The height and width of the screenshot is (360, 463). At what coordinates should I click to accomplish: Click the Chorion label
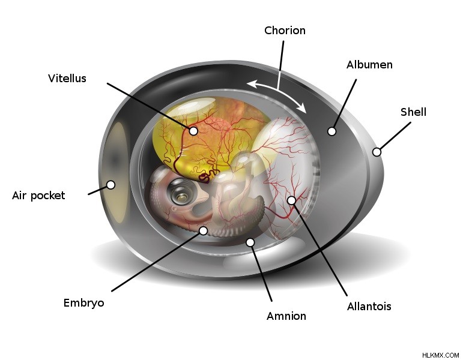tap(285, 31)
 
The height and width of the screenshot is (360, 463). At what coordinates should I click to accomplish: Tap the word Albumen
tap(369, 65)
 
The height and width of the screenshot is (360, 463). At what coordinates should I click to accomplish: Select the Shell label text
tap(413, 112)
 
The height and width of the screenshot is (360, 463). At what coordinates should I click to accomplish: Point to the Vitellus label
tap(67, 78)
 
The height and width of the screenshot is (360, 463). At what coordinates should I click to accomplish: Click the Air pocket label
tap(38, 196)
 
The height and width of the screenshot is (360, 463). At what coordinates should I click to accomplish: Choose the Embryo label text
tap(84, 303)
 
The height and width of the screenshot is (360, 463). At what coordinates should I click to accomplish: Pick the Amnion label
tap(286, 316)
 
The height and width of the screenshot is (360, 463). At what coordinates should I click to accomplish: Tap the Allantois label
tap(369, 306)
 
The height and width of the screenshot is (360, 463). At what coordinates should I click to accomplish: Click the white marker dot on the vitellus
tap(193, 130)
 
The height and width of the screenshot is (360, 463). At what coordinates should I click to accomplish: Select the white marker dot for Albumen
tap(332, 131)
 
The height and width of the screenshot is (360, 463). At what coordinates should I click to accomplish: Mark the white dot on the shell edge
tap(377, 152)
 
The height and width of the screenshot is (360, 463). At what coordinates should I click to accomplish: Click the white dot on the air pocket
tap(110, 185)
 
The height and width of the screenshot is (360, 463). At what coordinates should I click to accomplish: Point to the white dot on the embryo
tap(203, 230)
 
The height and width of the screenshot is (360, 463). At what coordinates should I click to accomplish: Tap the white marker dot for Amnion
tap(250, 242)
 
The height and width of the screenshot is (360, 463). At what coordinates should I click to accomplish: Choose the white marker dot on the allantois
tap(291, 200)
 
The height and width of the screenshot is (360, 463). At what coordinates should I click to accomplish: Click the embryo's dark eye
tap(180, 191)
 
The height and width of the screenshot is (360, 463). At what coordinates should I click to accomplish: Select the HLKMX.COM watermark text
tap(440, 355)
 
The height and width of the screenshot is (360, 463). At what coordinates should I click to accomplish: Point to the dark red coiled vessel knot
tap(208, 175)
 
